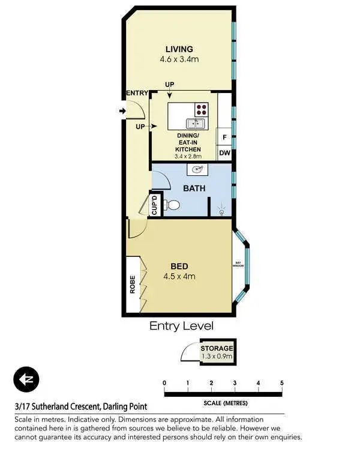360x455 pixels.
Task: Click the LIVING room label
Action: point(180,49)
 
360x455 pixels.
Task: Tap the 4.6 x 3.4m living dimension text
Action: point(180,59)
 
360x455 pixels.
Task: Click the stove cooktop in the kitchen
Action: point(201,110)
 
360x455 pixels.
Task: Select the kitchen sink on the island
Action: point(195,124)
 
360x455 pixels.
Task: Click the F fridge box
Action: point(224,137)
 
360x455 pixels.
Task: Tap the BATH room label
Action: point(194,188)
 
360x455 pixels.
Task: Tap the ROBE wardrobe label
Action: point(133,284)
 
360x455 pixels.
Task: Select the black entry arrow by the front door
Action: point(122,111)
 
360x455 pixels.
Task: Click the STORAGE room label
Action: point(217,348)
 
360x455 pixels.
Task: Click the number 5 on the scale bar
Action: point(281,383)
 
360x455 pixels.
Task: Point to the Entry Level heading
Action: point(181,326)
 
